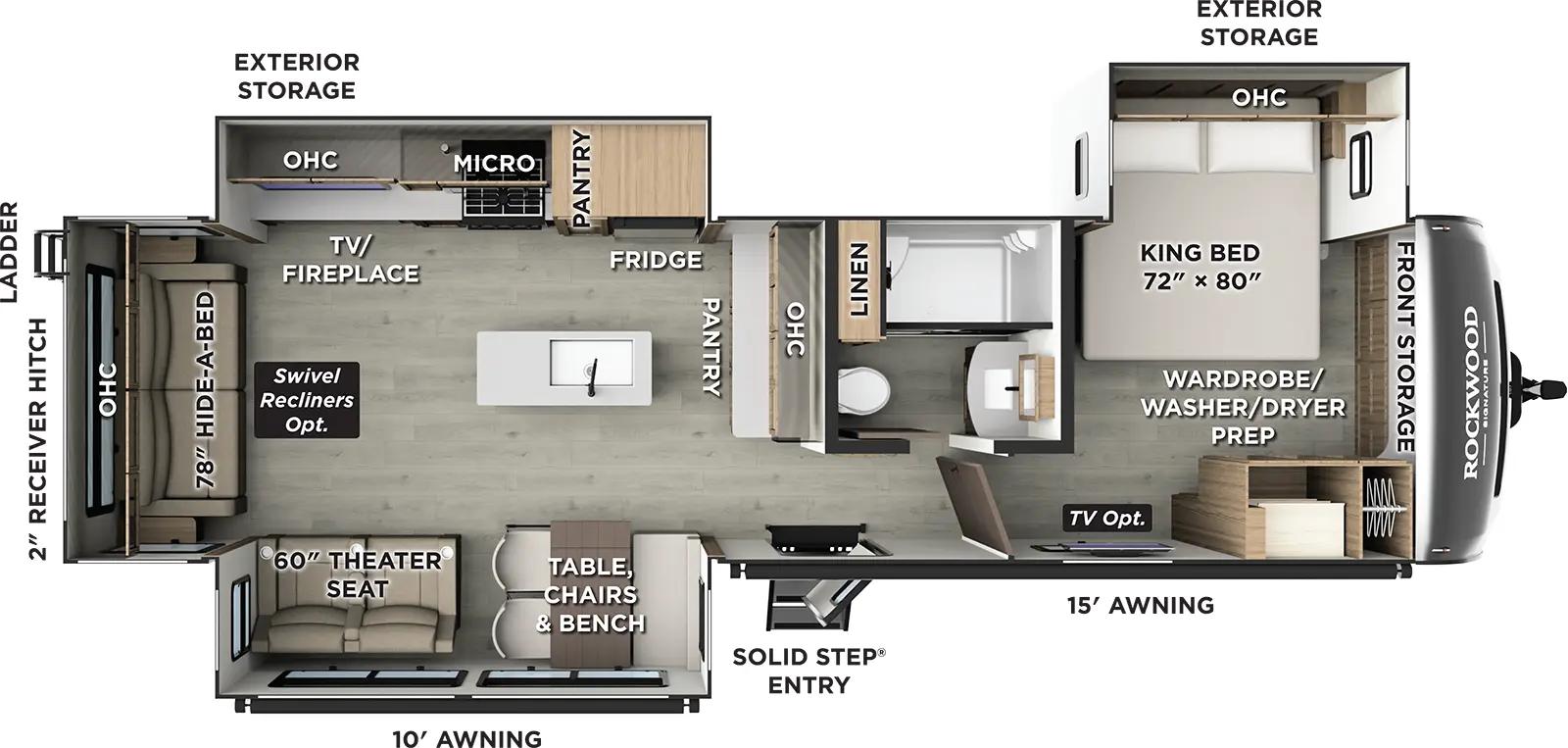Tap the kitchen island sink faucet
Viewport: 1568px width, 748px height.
pyautogui.click(x=592, y=377)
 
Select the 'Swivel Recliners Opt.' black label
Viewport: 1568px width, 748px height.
pyautogui.click(x=307, y=400)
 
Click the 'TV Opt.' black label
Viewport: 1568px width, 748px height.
pyautogui.click(x=1107, y=518)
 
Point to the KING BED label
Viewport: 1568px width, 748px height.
pyautogui.click(x=1200, y=267)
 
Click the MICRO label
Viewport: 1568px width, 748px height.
pyautogui.click(x=494, y=164)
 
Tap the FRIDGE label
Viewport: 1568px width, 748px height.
pyautogui.click(x=656, y=260)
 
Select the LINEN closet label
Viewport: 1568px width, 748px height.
pyautogui.click(x=858, y=280)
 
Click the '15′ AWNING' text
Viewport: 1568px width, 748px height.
pyautogui.click(x=1141, y=605)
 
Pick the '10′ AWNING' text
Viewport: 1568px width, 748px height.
pyautogui.click(x=467, y=738)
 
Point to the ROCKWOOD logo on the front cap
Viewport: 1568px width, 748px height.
pyautogui.click(x=1472, y=392)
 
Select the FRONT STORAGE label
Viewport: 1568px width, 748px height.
pyautogui.click(x=1405, y=347)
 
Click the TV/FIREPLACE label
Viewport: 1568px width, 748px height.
pyautogui.click(x=350, y=260)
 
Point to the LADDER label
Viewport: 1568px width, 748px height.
pyautogui.click(x=10, y=252)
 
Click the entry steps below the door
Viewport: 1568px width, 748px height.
pyautogui.click(x=810, y=600)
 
